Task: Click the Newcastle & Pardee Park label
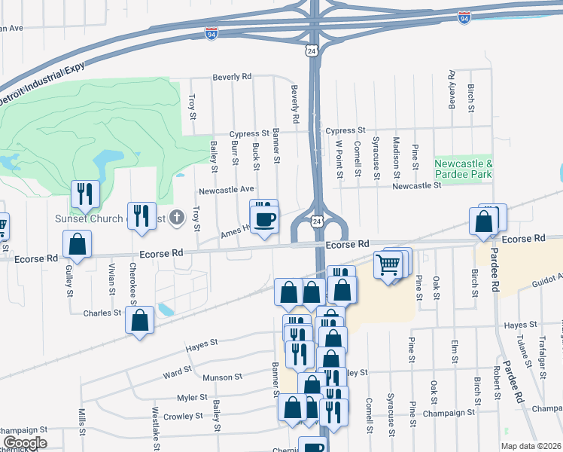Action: [464, 169]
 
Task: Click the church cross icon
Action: [177, 219]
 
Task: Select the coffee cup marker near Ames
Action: [264, 220]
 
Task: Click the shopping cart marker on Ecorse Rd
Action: [387, 266]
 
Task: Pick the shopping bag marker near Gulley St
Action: [77, 244]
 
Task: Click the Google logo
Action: [24, 443]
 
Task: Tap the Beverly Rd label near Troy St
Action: [232, 77]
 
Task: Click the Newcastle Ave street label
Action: [226, 190]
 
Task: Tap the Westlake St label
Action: [155, 426]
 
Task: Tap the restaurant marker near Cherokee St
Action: [141, 217]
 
